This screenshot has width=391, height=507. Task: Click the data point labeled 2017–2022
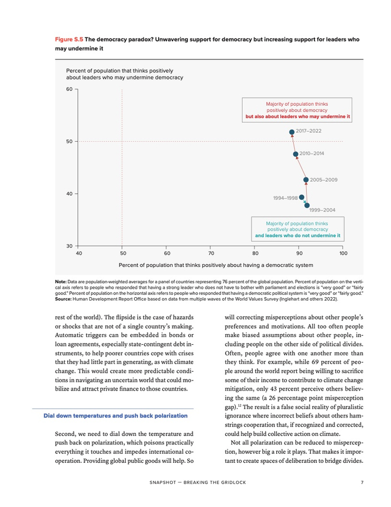[x=292, y=133]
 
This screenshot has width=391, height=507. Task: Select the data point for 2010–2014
[x=296, y=154]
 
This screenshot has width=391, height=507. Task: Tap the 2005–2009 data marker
[x=306, y=180]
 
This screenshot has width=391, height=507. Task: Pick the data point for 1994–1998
[x=302, y=197]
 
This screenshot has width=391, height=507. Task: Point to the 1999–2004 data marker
[x=307, y=205]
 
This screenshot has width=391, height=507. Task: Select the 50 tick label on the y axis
[x=69, y=142]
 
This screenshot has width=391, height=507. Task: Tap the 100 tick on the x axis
[x=343, y=253]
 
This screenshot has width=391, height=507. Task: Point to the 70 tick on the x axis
[x=211, y=253]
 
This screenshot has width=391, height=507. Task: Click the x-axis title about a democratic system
[x=216, y=265]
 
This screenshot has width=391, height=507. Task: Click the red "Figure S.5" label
[x=69, y=40]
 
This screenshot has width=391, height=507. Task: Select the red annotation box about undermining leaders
[x=297, y=110]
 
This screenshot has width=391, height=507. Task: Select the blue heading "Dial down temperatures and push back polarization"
[x=115, y=416]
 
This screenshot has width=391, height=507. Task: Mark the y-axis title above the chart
[x=124, y=74]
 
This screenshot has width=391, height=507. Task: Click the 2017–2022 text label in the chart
[x=308, y=131]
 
